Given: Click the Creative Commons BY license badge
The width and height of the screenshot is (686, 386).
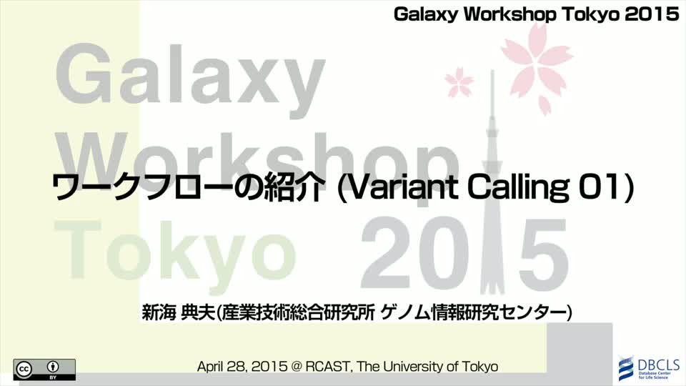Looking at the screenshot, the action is [x=44, y=370].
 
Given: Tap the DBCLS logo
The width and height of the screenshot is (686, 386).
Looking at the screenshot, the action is [x=650, y=367].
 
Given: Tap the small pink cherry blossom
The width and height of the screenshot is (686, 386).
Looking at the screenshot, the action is [x=459, y=83].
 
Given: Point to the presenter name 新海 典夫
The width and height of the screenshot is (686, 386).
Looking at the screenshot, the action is [x=179, y=313].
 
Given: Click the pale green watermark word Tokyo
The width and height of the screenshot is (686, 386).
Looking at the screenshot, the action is [x=174, y=252].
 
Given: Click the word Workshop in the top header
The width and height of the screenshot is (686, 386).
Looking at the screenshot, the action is [x=510, y=14].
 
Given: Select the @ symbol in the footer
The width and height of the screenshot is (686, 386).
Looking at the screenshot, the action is [x=296, y=367].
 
